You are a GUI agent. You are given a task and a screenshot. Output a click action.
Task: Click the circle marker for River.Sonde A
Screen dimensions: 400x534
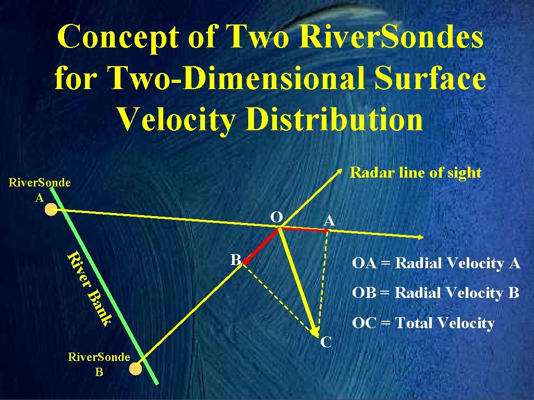coord(51,209)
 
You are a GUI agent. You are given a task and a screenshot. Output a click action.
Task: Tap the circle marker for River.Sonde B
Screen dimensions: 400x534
coord(136,369)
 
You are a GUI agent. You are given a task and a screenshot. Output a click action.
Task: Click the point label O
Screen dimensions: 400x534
coord(276,217)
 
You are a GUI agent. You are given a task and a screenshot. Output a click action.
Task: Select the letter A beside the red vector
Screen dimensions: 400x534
coord(329,221)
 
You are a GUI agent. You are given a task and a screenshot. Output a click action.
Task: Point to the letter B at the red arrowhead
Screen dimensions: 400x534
coord(236,259)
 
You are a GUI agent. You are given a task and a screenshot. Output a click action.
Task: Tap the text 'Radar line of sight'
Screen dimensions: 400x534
coord(415,172)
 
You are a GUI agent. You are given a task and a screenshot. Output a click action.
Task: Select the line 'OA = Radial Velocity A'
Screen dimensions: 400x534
coord(436,264)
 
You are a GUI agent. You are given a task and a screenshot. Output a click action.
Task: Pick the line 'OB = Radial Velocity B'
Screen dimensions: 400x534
coord(435,293)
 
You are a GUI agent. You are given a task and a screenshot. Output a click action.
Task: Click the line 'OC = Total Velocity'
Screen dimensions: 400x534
coord(423,323)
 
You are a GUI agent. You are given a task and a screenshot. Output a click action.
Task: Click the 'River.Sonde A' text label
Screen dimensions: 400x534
coord(40,190)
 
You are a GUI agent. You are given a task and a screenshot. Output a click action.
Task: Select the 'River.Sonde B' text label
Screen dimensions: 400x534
coord(99,364)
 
